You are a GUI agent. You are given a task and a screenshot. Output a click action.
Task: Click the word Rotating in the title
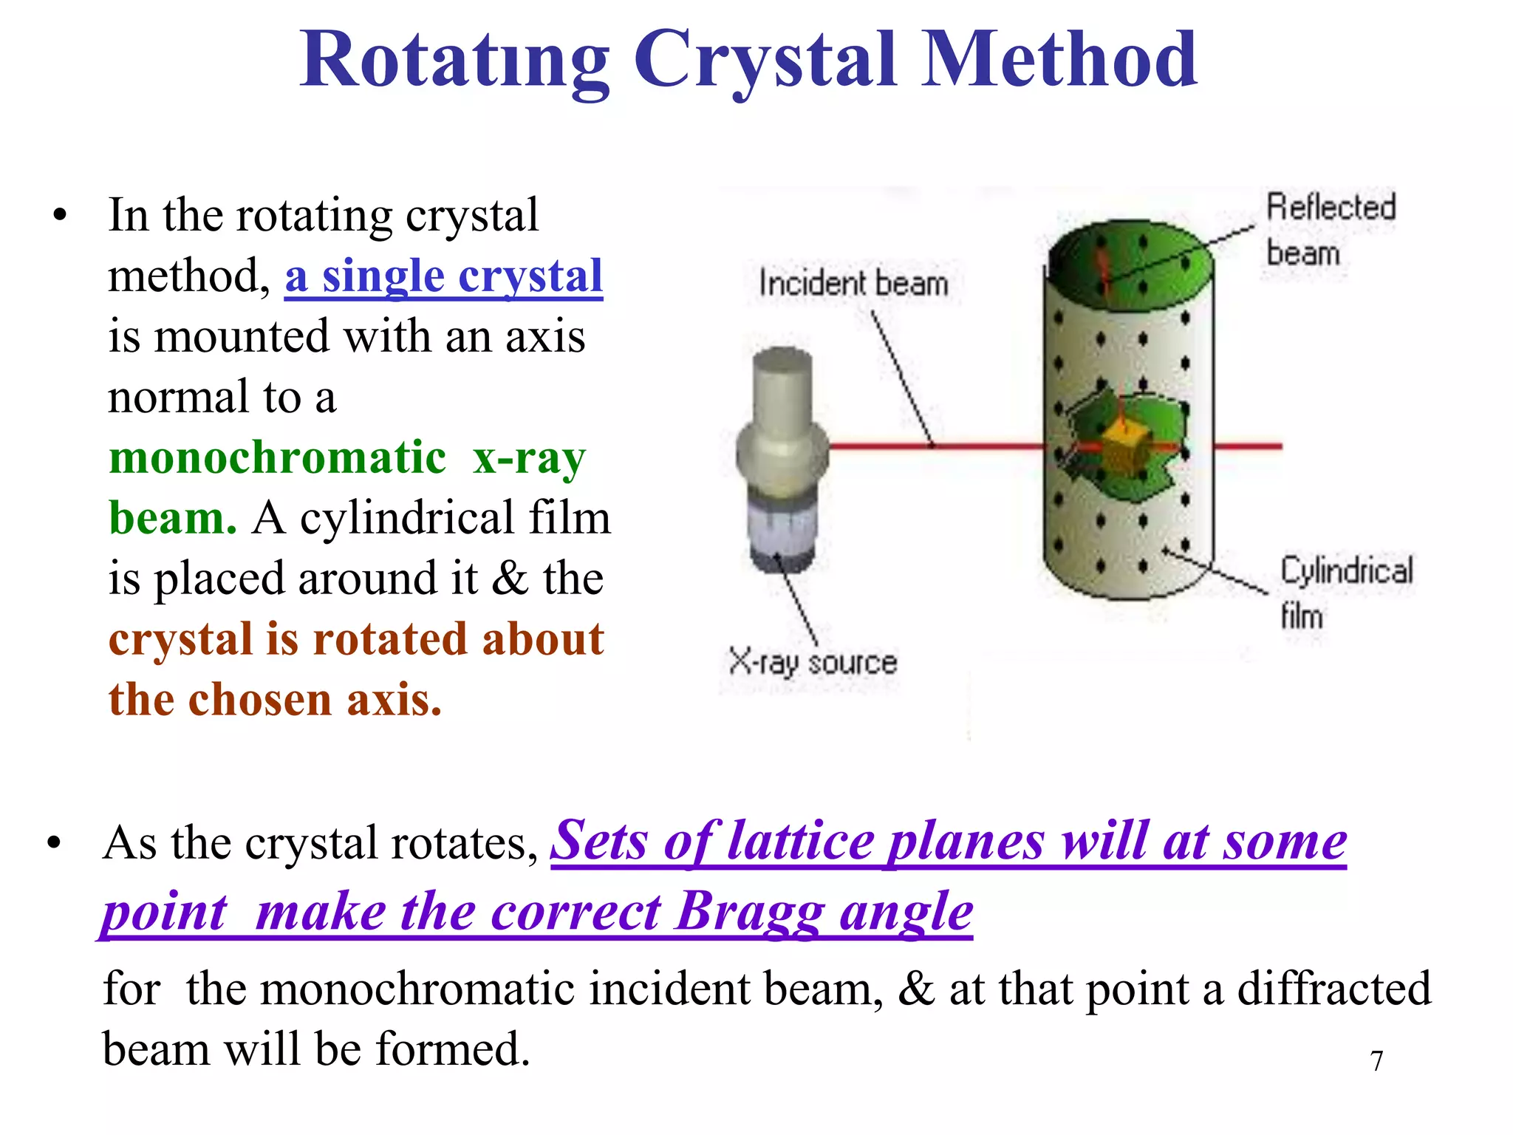click(454, 61)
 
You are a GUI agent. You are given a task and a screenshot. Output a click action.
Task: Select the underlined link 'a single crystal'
click(443, 277)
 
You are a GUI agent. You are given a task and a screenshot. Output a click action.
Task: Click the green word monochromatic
click(277, 457)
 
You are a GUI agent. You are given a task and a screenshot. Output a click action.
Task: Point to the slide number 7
click(1376, 1061)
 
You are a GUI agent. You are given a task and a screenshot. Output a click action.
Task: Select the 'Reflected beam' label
click(1330, 229)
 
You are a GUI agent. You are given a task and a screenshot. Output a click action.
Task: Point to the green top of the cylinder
click(1130, 259)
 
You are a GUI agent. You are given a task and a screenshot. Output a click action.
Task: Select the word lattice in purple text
click(801, 842)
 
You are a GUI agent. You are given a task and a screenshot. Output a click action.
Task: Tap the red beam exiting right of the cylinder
click(1249, 446)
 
